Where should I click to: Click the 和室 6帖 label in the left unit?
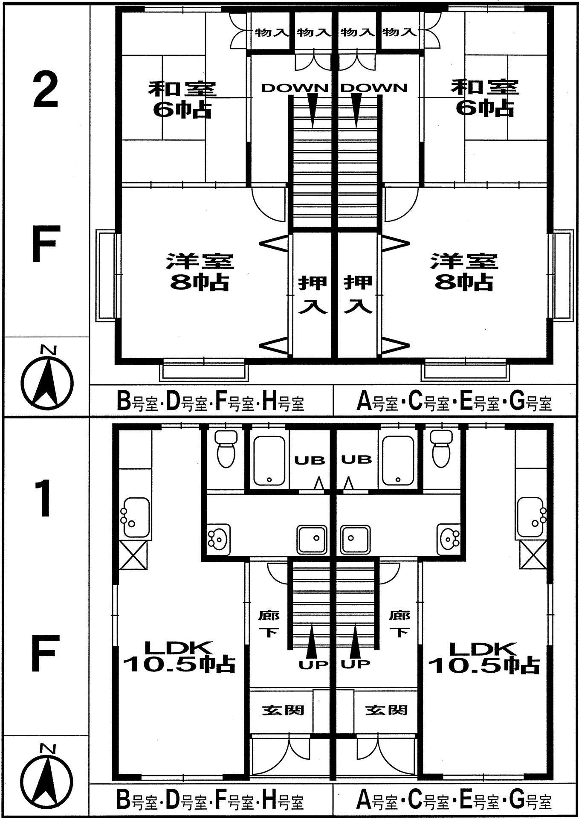[x=182, y=100]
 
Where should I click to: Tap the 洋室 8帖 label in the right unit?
[x=464, y=272]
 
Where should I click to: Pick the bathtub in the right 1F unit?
[x=398, y=461]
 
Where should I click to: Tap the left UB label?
[x=310, y=460]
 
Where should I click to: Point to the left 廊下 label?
[x=269, y=623]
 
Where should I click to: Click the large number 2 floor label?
[x=46, y=90]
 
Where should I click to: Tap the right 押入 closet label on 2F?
[x=359, y=295]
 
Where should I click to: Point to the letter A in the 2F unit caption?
[x=363, y=402]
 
